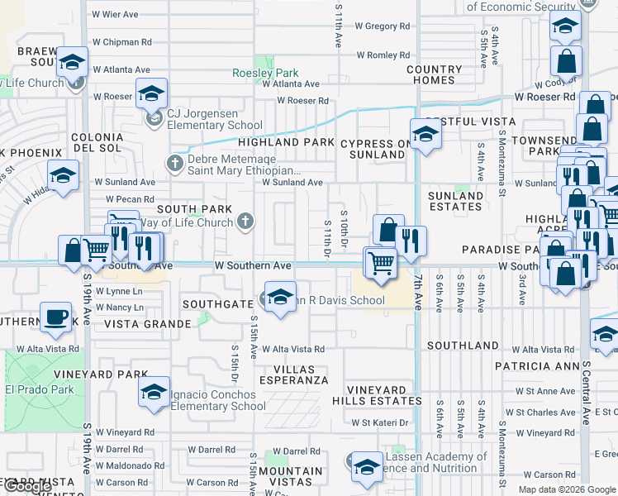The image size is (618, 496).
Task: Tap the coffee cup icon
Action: click(x=55, y=317)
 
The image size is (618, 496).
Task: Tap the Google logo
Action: click(x=28, y=487)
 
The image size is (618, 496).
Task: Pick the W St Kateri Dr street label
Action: click(x=380, y=422)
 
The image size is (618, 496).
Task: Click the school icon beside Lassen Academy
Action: click(x=367, y=468)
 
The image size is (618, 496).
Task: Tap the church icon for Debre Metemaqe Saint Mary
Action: click(x=174, y=162)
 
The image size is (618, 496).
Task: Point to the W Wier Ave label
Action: click(x=115, y=14)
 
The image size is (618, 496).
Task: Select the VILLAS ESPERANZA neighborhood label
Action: click(x=294, y=374)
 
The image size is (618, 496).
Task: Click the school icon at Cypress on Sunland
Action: click(x=425, y=134)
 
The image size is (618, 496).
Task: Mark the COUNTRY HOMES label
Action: click(x=435, y=74)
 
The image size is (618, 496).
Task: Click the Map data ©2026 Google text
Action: click(x=566, y=489)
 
